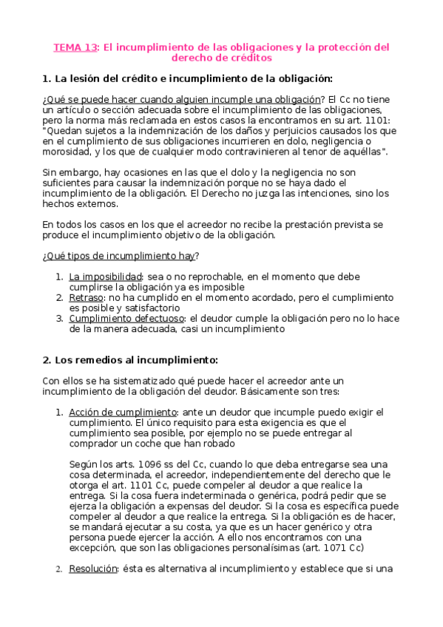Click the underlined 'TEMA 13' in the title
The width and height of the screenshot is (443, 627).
(75, 47)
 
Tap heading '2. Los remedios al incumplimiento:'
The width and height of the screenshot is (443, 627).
(130, 360)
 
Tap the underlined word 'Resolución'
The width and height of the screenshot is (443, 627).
(93, 569)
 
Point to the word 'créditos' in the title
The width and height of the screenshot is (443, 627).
(249, 57)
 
